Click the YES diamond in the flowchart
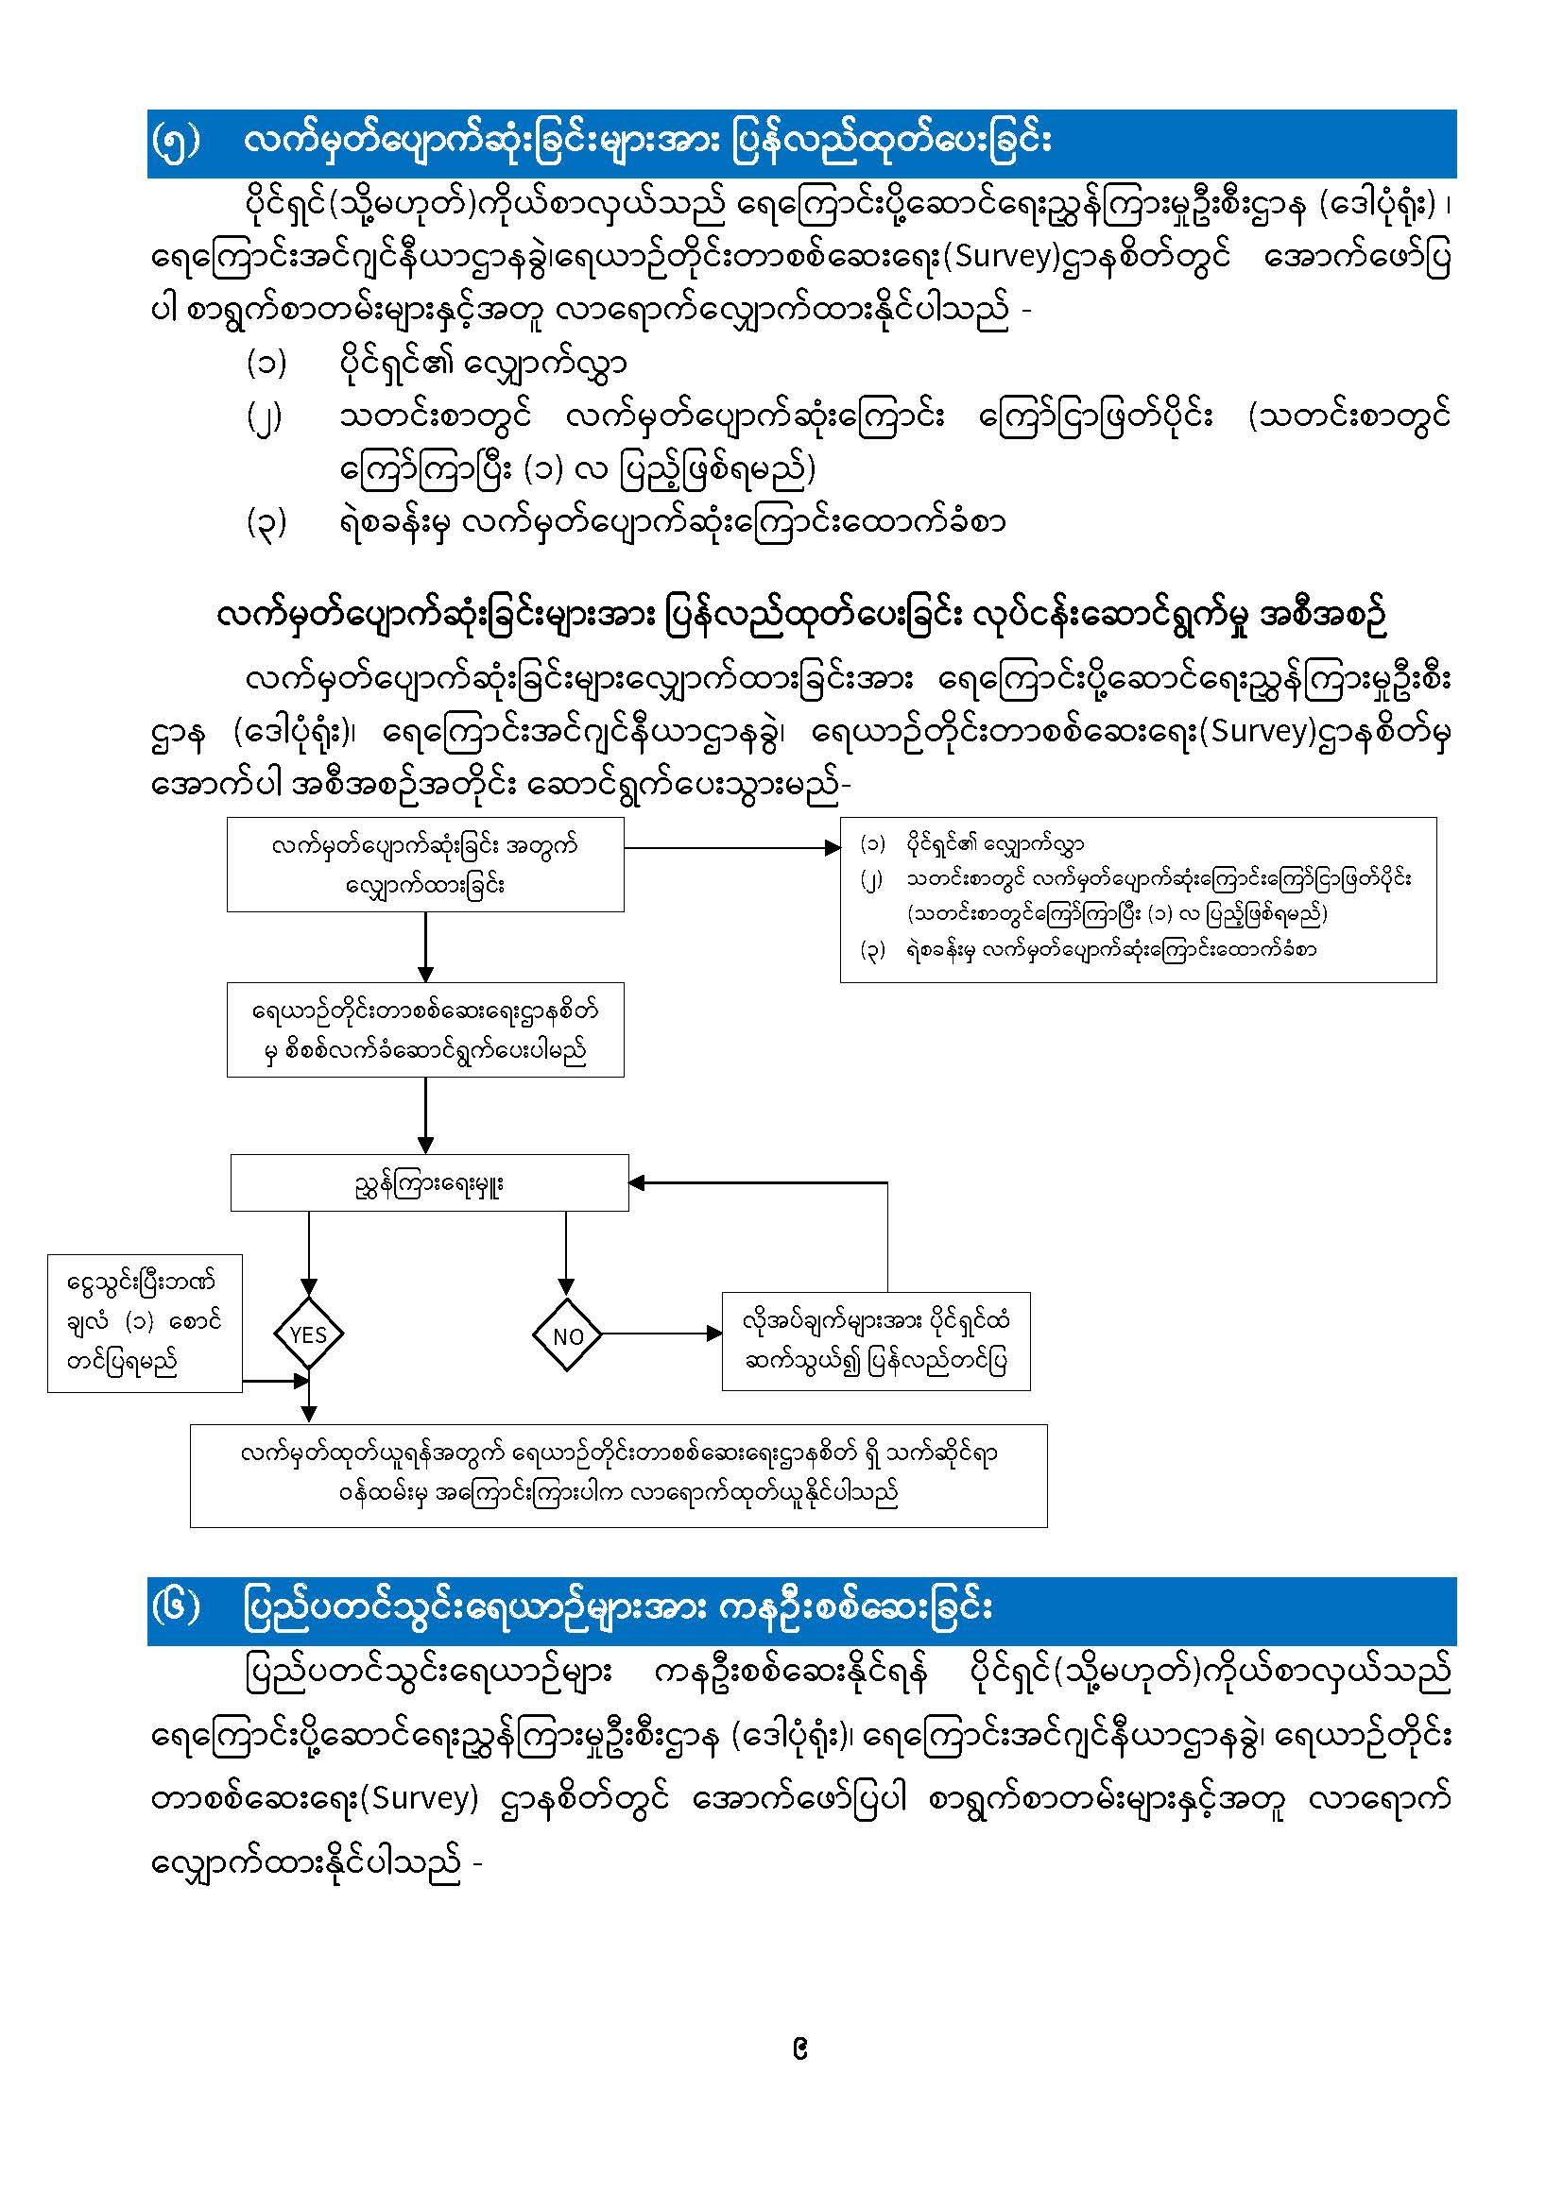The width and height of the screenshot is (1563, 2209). click(308, 1334)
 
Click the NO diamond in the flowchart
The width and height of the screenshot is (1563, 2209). click(567, 1334)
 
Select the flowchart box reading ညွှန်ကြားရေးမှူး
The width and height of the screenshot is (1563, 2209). click(429, 1182)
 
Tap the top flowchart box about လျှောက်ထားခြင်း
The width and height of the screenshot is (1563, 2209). click(425, 864)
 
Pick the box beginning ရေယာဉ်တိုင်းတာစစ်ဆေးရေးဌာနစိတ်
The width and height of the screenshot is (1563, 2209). click(425, 1029)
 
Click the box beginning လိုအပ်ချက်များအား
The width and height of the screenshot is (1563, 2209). click(876, 1341)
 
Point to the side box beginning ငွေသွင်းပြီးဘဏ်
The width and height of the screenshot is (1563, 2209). click(145, 1322)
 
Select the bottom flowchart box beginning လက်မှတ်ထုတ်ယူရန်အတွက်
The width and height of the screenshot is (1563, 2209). click(618, 1475)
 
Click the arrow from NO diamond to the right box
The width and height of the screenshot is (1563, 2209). click(661, 1334)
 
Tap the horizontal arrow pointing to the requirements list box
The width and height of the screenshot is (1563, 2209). click(731, 847)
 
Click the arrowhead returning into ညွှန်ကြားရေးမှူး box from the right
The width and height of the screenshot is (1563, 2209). click(637, 1182)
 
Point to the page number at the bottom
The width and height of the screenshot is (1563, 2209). click(799, 2050)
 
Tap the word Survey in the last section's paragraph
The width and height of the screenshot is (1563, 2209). click(423, 1797)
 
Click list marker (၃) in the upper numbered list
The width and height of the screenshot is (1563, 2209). click(266, 522)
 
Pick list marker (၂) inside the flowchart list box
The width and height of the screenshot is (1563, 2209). click(871, 879)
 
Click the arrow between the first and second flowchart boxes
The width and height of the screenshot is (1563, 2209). click(425, 946)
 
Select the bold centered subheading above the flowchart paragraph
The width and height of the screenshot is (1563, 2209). click(800, 617)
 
